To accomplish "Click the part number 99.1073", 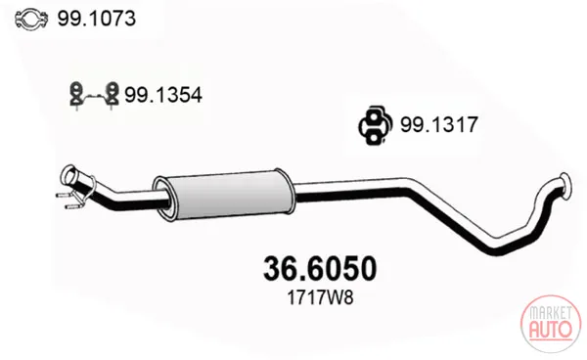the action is [x=96, y=19].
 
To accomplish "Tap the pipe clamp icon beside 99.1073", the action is [x=31, y=19].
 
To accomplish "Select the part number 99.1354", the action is [x=163, y=95].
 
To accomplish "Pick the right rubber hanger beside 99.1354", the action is [x=112, y=95].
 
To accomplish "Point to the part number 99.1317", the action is [x=439, y=124].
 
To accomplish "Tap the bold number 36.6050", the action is [x=320, y=269].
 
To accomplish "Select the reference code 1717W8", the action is [x=320, y=298].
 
